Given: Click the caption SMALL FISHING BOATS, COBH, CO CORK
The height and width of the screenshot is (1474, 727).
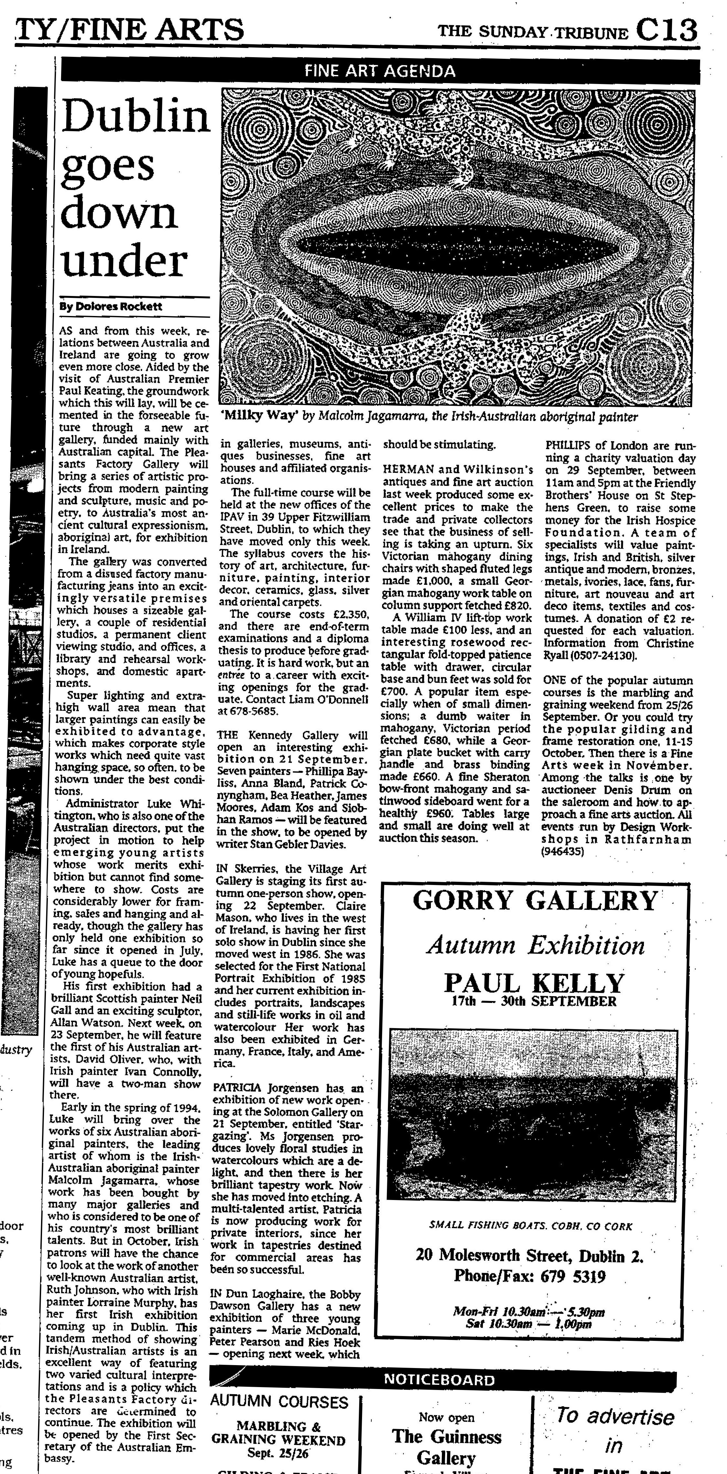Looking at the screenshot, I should (x=531, y=1226).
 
